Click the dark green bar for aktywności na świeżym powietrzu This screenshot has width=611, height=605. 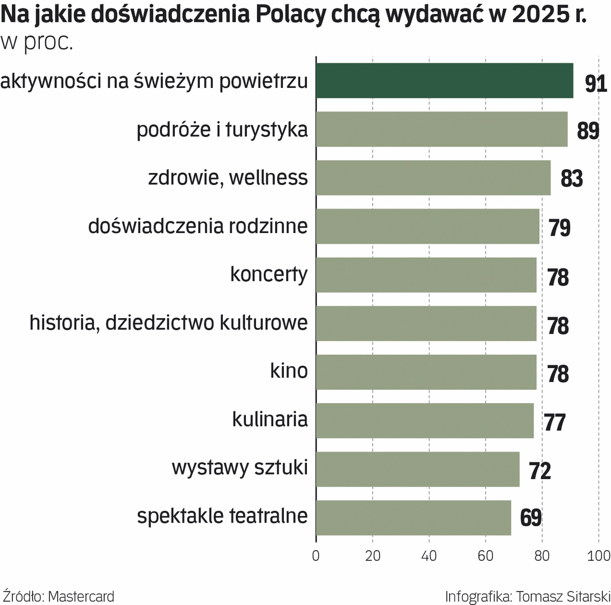point(444,81)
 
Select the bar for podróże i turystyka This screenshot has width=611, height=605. point(441,129)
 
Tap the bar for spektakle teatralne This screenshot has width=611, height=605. point(413,518)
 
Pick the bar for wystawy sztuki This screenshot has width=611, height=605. point(417,469)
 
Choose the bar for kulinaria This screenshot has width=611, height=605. point(425,421)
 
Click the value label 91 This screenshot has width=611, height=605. point(596,83)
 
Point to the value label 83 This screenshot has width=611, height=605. point(572,179)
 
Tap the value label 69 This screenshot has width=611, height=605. point(530,518)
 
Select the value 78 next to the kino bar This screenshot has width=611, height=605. point(558,374)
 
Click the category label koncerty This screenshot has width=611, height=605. point(269,274)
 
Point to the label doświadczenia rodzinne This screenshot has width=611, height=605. point(198,226)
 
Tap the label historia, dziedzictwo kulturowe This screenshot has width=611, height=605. point(169,323)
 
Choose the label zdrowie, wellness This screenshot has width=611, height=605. point(228,178)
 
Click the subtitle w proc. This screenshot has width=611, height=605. point(38,43)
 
